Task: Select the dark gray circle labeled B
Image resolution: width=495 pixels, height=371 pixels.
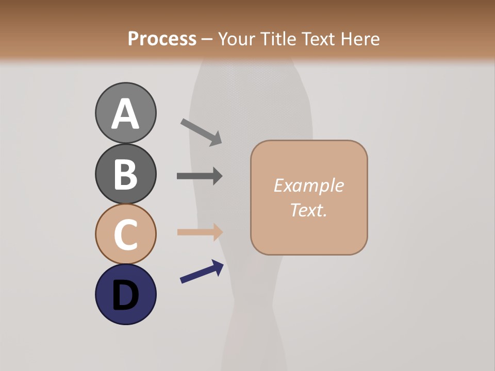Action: click(125, 174)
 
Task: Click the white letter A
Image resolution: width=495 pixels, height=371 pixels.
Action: click(125, 114)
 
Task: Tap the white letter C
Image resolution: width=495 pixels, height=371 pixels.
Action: click(125, 234)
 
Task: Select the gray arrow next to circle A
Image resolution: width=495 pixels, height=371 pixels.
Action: click(201, 132)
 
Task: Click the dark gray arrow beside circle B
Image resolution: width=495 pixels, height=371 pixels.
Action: click(200, 176)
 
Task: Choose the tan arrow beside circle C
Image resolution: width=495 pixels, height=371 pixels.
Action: click(200, 232)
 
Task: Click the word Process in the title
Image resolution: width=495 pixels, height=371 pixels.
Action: click(162, 39)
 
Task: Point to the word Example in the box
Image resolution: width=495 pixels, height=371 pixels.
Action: click(308, 185)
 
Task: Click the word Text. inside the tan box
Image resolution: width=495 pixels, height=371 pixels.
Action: click(308, 210)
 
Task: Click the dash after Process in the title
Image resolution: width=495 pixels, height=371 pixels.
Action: click(207, 39)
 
